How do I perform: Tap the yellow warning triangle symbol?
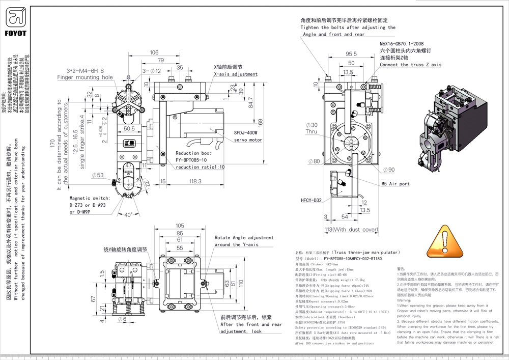(x=445, y=239)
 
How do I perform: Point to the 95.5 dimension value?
(x=351, y=53)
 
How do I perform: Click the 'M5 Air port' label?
(x=395, y=184)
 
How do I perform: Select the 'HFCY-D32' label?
(x=310, y=200)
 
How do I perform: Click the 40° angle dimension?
(x=129, y=214)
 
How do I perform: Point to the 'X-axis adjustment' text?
(x=236, y=74)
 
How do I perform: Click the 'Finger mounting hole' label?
(x=85, y=77)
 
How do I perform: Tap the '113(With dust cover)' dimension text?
(x=351, y=230)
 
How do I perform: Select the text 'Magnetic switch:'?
(x=90, y=198)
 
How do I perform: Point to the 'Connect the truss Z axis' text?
(x=410, y=65)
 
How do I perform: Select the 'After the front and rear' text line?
(x=251, y=324)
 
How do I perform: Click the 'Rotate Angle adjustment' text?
(x=244, y=238)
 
